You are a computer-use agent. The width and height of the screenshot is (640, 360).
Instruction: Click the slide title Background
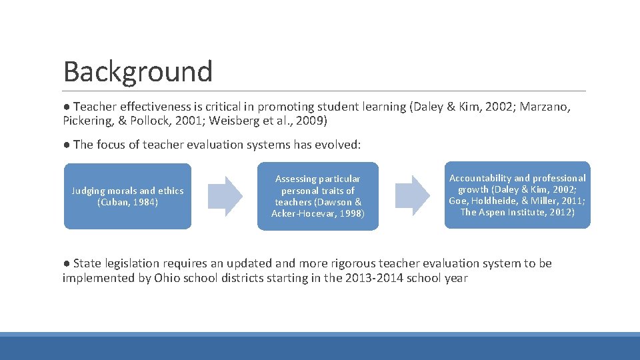[x=138, y=71]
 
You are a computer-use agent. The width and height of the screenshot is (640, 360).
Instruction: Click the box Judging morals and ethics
[x=127, y=196]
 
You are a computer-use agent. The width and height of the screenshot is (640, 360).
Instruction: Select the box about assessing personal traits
[x=317, y=196]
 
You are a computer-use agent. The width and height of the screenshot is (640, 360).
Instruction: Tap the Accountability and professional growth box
[x=517, y=195]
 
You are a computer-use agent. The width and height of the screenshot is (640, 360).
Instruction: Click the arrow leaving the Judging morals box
[x=225, y=195]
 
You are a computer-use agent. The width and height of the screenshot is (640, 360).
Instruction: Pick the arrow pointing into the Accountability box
[x=413, y=195]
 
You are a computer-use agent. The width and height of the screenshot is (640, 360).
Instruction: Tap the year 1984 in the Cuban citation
[x=145, y=202]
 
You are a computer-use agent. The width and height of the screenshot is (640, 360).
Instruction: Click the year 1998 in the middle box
[x=350, y=213]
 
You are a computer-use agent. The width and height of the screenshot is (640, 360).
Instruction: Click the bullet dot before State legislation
[x=67, y=263]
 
